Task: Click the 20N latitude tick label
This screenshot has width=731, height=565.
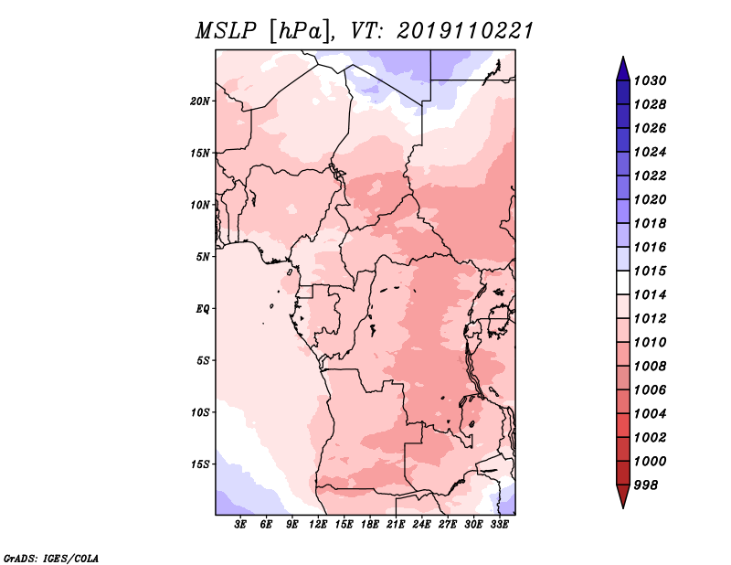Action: [200, 101]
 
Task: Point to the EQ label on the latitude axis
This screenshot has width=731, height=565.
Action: [203, 309]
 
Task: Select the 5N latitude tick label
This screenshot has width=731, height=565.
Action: [203, 257]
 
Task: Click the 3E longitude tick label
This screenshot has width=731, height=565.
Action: [240, 525]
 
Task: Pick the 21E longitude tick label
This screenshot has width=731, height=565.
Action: [396, 525]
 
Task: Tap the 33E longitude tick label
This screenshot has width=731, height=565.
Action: [499, 525]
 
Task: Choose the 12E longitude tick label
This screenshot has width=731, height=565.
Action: [317, 525]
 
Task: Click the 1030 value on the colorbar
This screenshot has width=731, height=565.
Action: [650, 80]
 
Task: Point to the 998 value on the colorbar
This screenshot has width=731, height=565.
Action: [646, 485]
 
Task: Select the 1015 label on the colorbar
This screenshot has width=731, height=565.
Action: [650, 271]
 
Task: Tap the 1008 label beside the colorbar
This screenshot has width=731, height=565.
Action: [650, 367]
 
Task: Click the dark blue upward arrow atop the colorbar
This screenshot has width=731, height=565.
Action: [623, 70]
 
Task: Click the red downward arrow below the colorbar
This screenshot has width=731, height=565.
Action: [623, 496]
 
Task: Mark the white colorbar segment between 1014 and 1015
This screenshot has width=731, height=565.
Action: [623, 282]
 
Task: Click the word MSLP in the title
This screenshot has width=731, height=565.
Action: [226, 31]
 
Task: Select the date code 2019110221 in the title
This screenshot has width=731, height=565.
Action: [465, 31]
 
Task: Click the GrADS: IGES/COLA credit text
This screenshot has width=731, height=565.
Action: [51, 559]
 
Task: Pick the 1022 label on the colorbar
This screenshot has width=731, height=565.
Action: [650, 176]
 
